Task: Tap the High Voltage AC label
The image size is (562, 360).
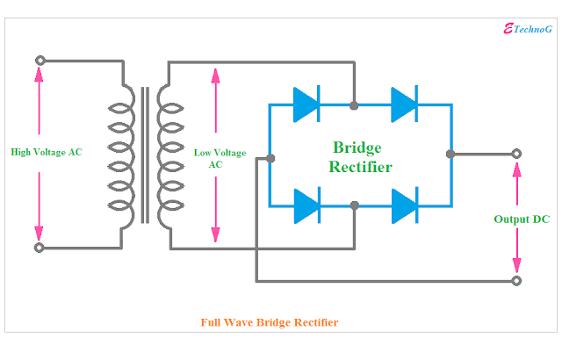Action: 46,152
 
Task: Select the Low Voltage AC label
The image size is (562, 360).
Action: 215,157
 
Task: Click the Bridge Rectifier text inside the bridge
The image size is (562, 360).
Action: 361,156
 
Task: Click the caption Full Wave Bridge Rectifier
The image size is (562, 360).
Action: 269,322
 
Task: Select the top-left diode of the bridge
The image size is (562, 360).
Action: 306,105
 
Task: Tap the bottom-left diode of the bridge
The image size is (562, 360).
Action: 306,205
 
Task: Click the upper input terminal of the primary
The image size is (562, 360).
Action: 40,61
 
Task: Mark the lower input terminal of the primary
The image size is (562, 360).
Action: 40,248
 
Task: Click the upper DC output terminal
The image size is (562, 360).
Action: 516,154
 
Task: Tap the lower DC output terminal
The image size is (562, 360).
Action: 516,281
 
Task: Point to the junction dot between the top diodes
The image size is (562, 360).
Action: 354,105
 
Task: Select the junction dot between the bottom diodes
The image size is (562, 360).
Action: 354,205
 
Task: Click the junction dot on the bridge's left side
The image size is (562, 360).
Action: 270,158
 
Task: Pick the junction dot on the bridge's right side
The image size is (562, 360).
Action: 450,154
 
